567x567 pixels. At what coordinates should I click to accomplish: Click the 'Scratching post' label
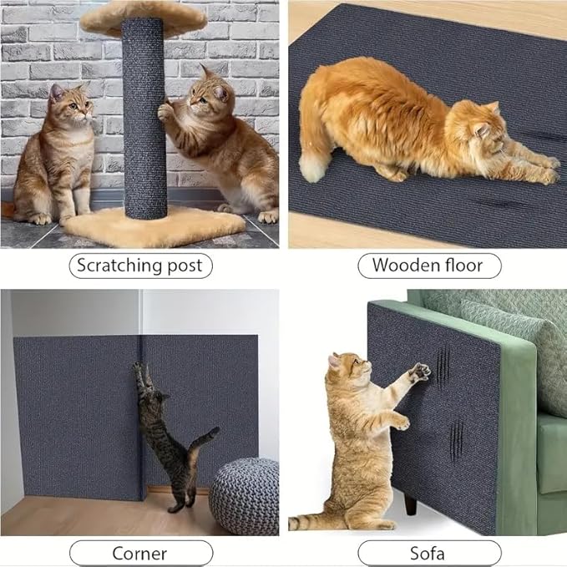pos(139,266)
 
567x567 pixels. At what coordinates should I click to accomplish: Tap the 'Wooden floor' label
pos(428,266)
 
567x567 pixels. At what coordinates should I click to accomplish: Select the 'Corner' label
pos(139,553)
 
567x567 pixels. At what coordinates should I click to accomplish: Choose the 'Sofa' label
pos(428,553)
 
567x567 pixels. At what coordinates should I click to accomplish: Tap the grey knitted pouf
pos(243,496)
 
